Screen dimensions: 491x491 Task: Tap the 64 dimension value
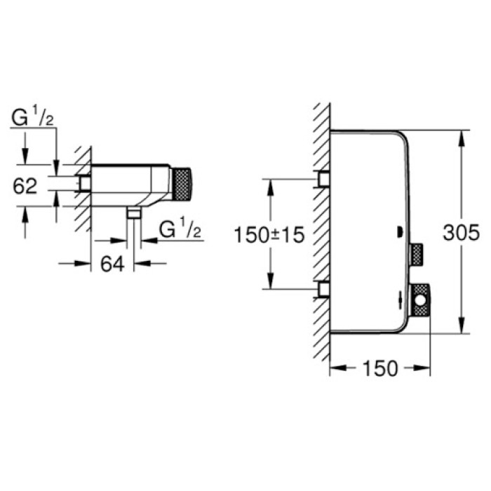tap(112, 264)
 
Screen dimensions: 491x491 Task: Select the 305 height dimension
tap(462, 233)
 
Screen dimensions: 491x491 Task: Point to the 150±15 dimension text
tap(270, 234)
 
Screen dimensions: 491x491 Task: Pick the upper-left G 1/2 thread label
tap(33, 119)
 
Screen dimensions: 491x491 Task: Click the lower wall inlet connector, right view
tap(323, 288)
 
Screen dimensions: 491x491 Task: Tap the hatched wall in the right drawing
tap(321, 231)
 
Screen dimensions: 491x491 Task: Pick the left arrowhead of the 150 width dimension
tap(334, 368)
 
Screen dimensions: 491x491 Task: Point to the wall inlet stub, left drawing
tap(85, 184)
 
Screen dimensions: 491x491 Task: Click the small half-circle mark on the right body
tap(398, 231)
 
